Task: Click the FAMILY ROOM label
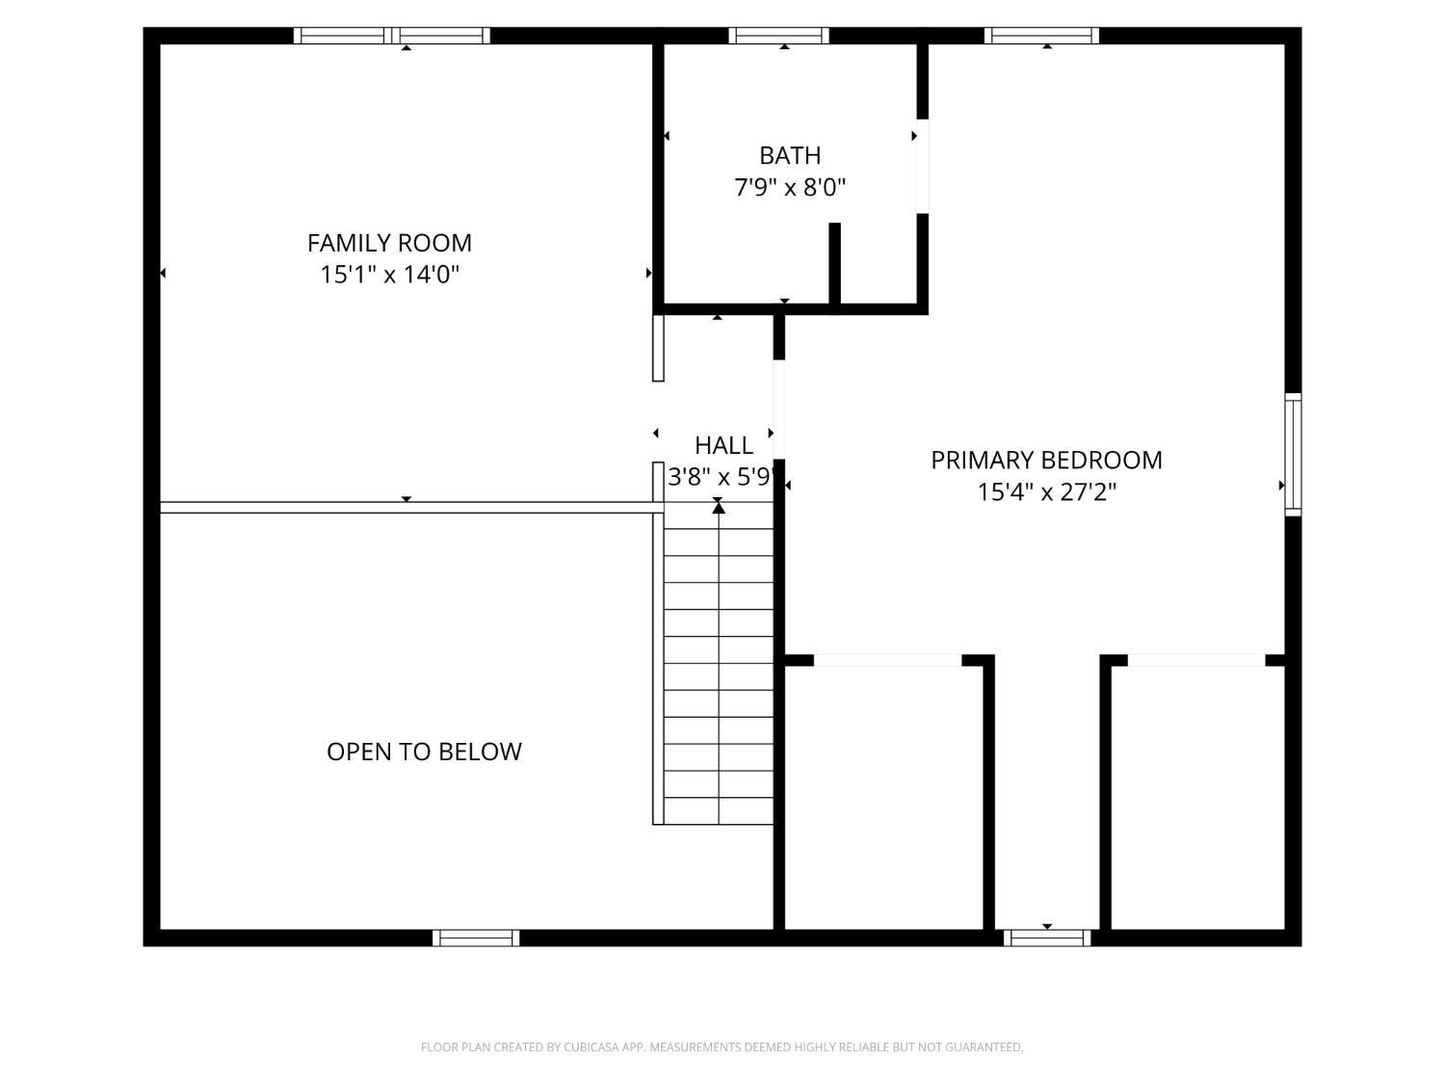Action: (389, 243)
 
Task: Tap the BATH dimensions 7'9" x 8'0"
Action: (790, 187)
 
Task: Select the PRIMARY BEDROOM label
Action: (1046, 460)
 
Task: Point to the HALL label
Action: (723, 445)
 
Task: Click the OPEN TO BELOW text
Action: (424, 752)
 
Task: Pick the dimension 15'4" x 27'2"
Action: (1046, 492)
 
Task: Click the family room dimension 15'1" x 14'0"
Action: (389, 275)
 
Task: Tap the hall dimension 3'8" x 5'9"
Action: (722, 477)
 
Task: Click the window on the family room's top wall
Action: (392, 36)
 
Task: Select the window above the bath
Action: (778, 36)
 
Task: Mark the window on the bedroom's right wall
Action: (1293, 454)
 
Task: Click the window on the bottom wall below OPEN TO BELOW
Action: (476, 938)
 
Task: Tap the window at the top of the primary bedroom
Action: (1041, 36)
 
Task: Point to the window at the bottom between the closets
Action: (1047, 938)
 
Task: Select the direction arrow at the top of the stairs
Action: (719, 507)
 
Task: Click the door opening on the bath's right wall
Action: (922, 165)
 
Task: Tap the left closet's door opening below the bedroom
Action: (887, 660)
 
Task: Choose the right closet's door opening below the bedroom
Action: (1195, 660)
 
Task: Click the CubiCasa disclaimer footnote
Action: (722, 1047)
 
